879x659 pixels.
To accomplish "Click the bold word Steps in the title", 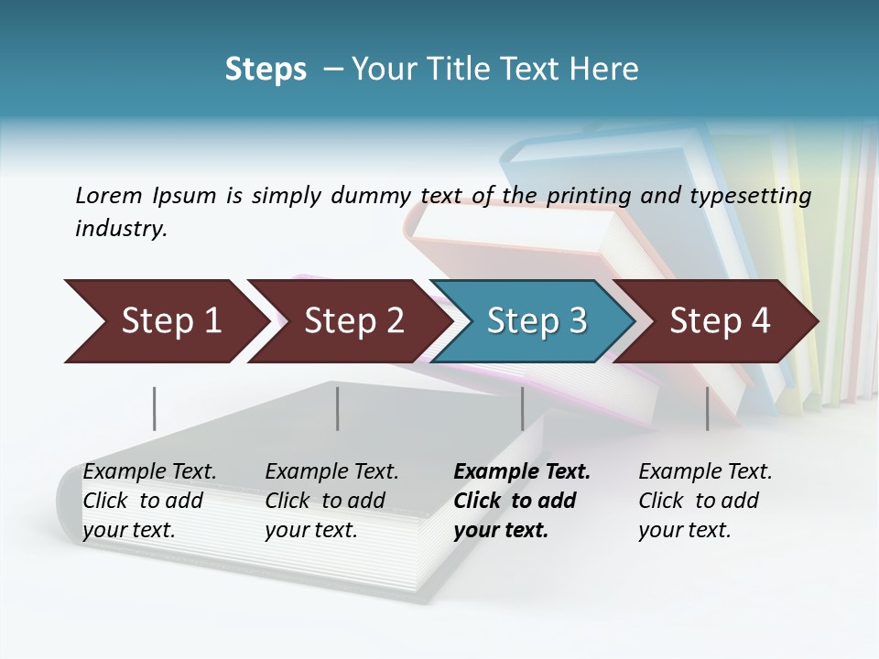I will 266,70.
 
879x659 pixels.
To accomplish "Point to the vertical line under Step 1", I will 155,408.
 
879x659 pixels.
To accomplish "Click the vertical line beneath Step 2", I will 338,408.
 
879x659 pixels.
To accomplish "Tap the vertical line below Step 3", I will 523,408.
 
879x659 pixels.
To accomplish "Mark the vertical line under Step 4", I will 707,408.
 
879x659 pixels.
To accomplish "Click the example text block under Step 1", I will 149,501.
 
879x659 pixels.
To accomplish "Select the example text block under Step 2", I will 331,501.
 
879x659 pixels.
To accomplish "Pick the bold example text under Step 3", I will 522,501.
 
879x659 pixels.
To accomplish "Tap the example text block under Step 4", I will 705,501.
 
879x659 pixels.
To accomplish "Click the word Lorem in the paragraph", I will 109,196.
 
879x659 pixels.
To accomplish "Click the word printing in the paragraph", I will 588,196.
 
